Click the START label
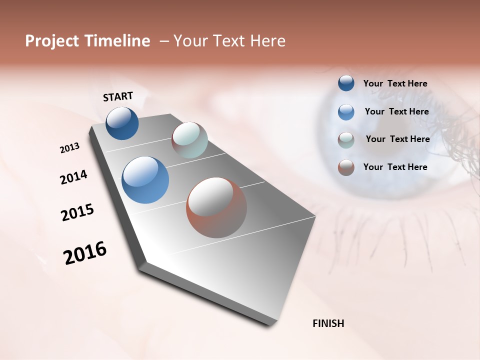coord(118,96)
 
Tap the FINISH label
coord(328,323)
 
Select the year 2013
coord(69,148)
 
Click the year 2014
coord(73,177)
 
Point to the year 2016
coord(85,253)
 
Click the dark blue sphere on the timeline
coord(122,123)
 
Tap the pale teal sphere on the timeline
coord(189,140)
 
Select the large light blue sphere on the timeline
coord(145,180)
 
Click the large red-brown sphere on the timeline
coord(216,207)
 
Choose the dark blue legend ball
coord(346,83)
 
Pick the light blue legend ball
coord(346,112)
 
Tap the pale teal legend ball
coord(346,140)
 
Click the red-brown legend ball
coord(346,167)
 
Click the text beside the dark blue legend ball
coord(395,83)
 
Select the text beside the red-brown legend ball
coord(395,167)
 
